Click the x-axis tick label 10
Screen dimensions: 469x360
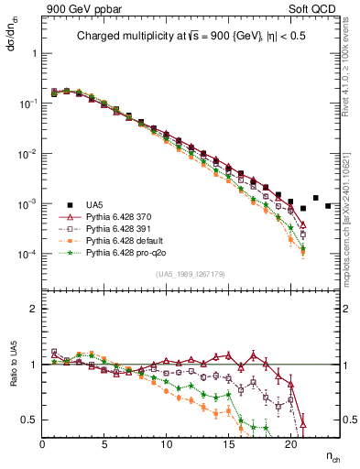pos(167,444)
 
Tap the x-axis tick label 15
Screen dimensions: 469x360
pos(229,444)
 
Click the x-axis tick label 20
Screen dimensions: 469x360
pos(291,444)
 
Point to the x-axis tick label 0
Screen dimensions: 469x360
pos(42,444)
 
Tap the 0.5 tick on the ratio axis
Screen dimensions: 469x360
pos(31,420)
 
